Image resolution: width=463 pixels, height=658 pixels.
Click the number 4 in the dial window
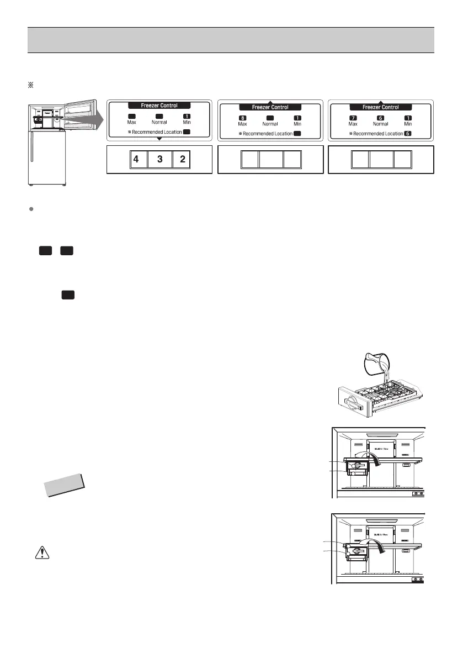click(x=136, y=160)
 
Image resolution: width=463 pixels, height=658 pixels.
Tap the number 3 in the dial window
click(x=160, y=160)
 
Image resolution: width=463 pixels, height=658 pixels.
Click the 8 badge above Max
click(x=242, y=118)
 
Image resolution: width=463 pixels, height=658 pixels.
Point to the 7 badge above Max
click(x=353, y=118)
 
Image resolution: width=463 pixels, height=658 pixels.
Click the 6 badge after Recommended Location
click(x=407, y=134)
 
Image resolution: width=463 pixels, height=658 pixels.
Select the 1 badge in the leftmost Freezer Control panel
click(x=187, y=116)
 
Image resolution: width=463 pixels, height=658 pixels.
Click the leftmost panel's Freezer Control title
click(x=159, y=106)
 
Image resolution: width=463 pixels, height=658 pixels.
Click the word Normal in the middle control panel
click(x=270, y=124)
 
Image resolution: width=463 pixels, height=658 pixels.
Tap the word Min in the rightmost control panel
click(x=408, y=124)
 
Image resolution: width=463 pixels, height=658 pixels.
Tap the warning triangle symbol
click(x=40, y=554)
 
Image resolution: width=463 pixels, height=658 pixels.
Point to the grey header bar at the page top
click(x=231, y=40)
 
